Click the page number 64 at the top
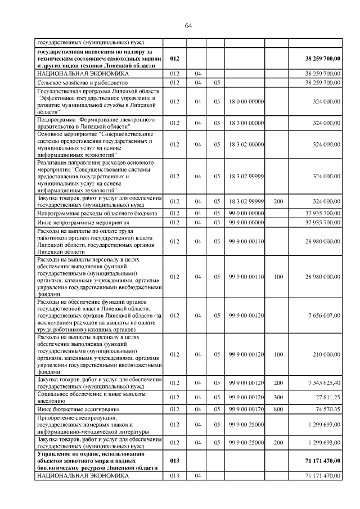[x=188, y=25]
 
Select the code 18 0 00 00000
[x=246, y=101]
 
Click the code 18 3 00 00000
[x=246, y=123]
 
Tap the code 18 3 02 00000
[x=246, y=145]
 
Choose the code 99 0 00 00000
[x=246, y=213]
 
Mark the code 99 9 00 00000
[x=246, y=223]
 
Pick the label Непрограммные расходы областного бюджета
[x=92, y=213]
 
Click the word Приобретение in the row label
[x=54, y=418]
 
